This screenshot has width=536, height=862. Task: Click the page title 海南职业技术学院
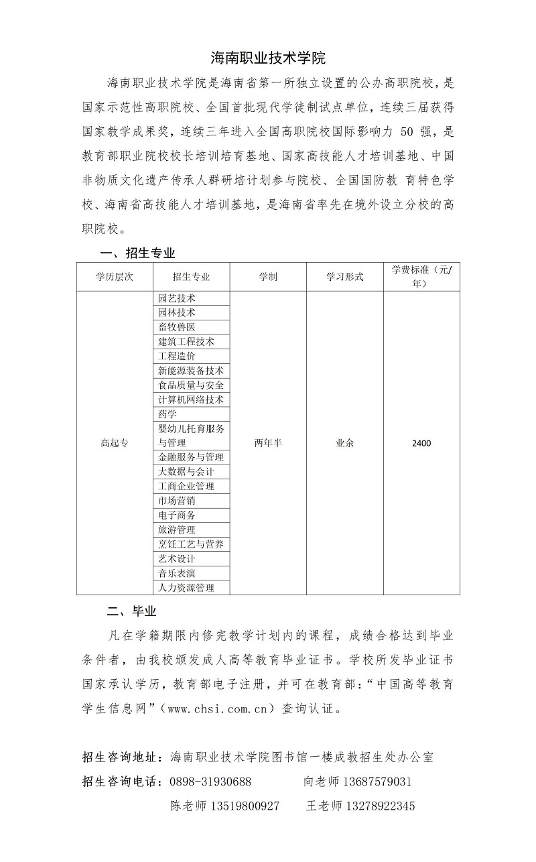point(267,58)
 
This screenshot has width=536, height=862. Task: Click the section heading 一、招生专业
point(137,253)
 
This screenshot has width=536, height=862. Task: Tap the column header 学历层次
point(115,277)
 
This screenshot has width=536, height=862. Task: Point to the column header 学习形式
point(344,277)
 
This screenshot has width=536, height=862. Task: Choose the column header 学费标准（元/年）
point(421,277)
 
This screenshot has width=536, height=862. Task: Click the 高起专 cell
point(115,443)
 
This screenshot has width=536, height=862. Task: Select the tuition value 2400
point(421,443)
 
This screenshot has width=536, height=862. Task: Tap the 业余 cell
point(344,443)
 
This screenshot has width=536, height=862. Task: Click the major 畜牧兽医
point(177,327)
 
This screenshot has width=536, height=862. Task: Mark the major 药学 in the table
point(167,414)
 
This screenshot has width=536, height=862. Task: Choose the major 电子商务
point(177,515)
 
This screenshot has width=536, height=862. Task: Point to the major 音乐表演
point(177,573)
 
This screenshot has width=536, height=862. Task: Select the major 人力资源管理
point(186,588)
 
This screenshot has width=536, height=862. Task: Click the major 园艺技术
point(177,298)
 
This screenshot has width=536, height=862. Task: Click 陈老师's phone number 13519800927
point(244,806)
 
